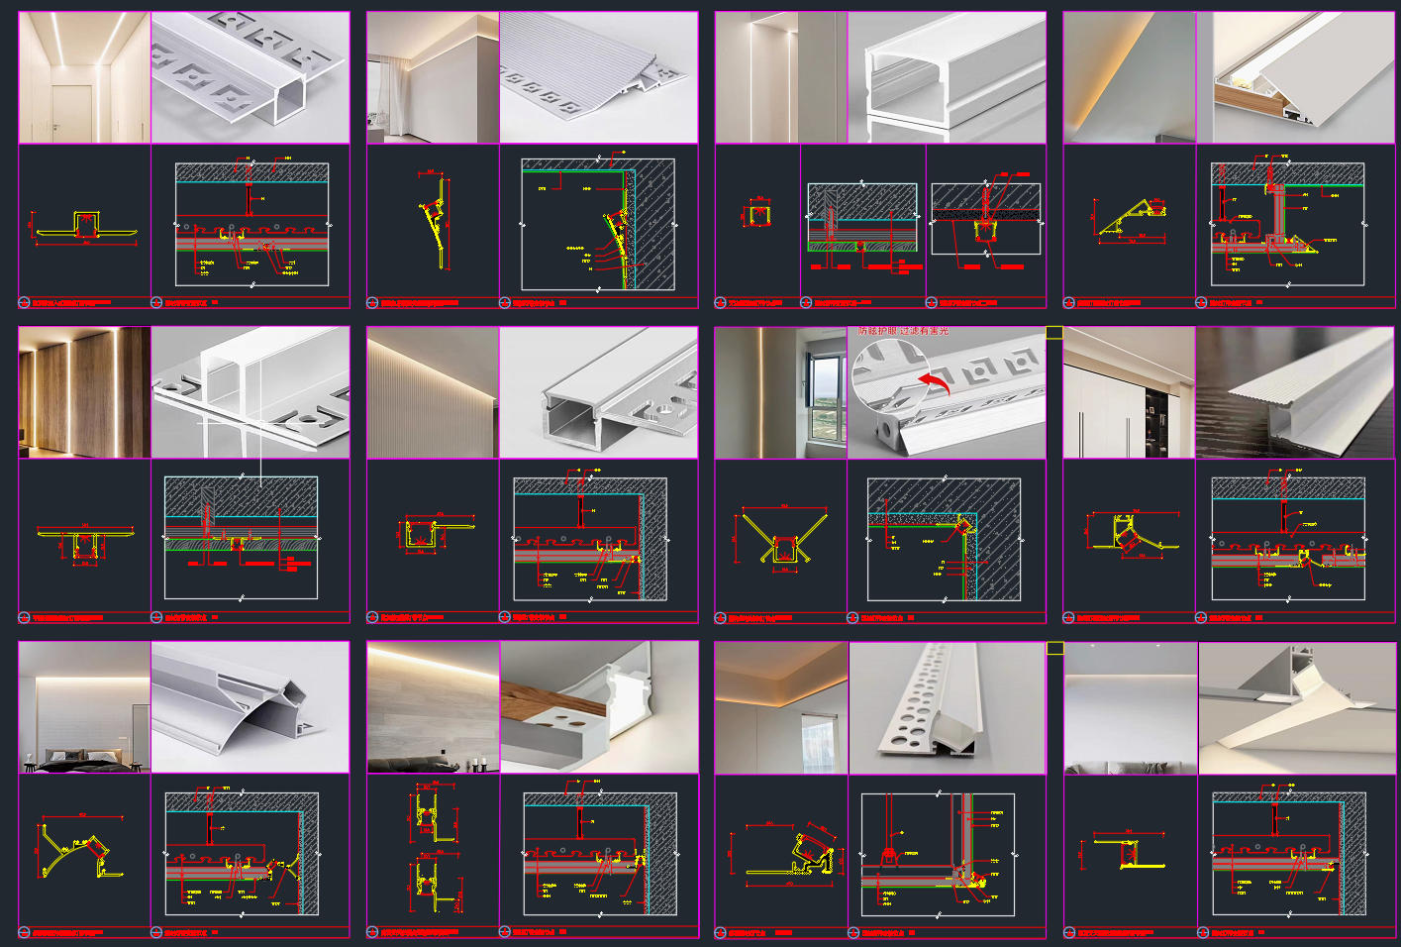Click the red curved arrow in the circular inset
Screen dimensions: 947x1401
point(935,383)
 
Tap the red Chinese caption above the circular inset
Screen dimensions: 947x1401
point(902,331)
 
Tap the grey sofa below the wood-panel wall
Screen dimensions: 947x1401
point(406,762)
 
